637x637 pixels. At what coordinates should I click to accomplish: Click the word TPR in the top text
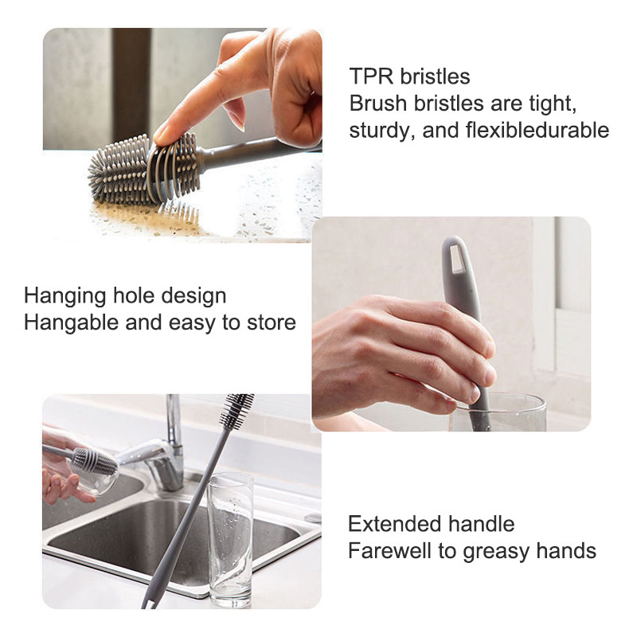[x=371, y=76]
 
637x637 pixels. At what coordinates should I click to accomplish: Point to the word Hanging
[x=65, y=296]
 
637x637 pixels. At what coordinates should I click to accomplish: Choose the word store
[x=272, y=323]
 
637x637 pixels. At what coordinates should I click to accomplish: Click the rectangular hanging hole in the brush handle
[x=456, y=259]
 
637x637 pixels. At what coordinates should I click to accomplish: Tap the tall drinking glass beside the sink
[x=230, y=540]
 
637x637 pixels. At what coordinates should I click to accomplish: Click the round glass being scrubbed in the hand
[x=96, y=475]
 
